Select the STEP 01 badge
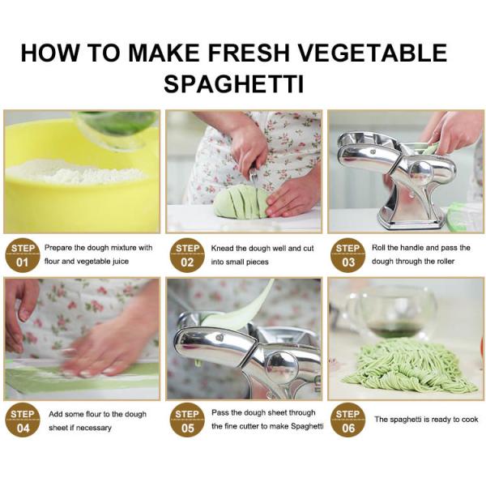coord(22,255)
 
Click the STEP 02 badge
coord(187,255)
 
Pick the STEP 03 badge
coord(347,255)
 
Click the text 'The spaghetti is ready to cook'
coord(426,420)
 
